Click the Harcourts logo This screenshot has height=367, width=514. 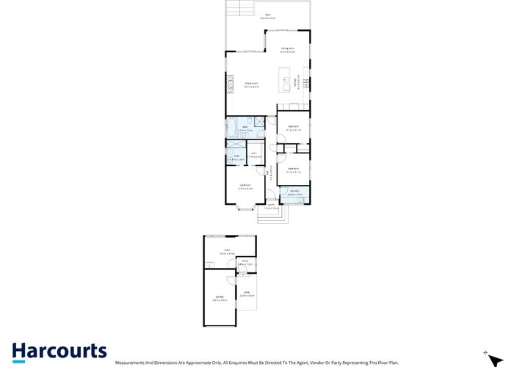click(x=59, y=352)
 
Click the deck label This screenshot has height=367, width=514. click(x=269, y=15)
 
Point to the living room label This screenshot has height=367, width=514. click(x=251, y=84)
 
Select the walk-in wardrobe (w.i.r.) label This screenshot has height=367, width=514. click(x=251, y=155)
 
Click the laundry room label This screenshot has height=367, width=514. click(x=294, y=192)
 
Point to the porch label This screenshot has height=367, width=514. click(x=271, y=206)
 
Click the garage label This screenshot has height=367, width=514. click(x=218, y=298)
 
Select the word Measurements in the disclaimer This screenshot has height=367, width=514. click(x=131, y=363)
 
